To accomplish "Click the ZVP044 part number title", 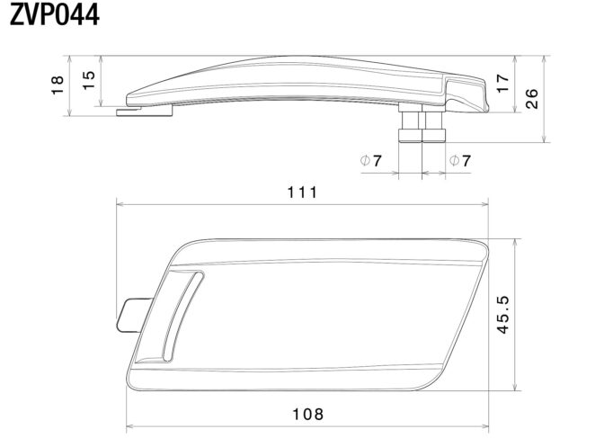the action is [55, 14].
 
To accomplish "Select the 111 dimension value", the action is [303, 192].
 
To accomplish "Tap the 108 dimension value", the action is [308, 415].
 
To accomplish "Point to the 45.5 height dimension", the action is [502, 315].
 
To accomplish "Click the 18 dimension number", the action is [58, 85].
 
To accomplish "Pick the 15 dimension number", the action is [89, 80].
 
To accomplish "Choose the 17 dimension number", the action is [503, 84].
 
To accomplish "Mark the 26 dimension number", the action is [531, 99].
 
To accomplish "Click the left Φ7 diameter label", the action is [370, 160].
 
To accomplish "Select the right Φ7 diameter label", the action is [460, 160].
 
